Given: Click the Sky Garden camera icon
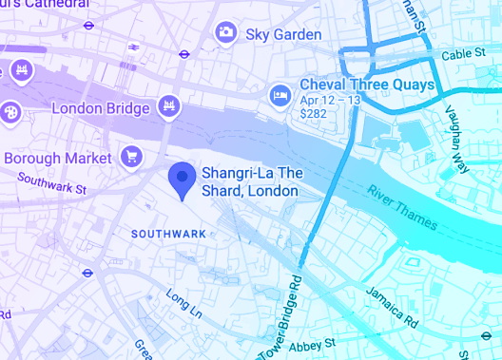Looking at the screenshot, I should click(x=225, y=33).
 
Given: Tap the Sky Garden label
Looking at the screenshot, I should click(x=284, y=34).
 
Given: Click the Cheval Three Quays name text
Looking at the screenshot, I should click(x=367, y=85).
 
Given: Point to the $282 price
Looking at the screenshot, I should click(x=313, y=114).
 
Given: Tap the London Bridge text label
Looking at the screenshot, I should click(x=101, y=108).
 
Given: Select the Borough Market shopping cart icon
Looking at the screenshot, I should click(x=132, y=156).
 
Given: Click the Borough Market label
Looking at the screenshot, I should click(x=59, y=158).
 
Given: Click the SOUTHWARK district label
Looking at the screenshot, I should click(x=167, y=234).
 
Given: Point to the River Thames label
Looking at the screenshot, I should click(x=402, y=207).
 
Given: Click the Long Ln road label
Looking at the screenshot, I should click(x=183, y=303).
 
